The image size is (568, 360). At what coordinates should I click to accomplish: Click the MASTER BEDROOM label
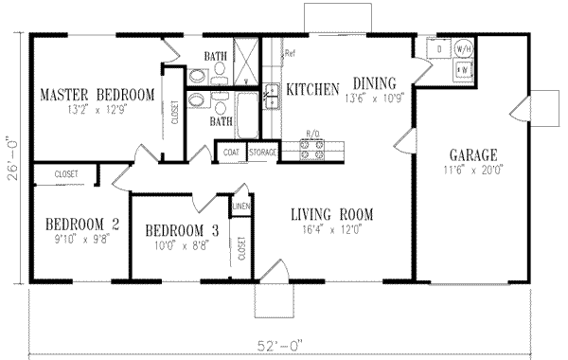pos(98,96)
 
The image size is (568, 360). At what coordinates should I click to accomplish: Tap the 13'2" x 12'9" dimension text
pos(98,109)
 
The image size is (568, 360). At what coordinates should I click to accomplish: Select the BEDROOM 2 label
pos(82,224)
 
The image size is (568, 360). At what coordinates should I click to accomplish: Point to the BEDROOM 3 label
pos(182,230)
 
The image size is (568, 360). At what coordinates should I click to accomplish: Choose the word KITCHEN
pos(312,89)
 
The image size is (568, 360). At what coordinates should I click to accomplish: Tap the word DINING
pos(376,82)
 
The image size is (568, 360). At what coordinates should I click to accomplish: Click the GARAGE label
pos(474,156)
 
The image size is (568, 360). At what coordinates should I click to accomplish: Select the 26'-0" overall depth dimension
pos(12,159)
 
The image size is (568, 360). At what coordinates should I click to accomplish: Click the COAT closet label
pos(231,152)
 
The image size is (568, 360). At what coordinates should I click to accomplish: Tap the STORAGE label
pos(261,152)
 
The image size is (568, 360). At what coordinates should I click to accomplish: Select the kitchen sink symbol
pos(271,95)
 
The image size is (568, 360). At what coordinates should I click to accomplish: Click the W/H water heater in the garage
pos(465,47)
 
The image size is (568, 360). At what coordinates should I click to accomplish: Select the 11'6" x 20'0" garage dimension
pos(474,171)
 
